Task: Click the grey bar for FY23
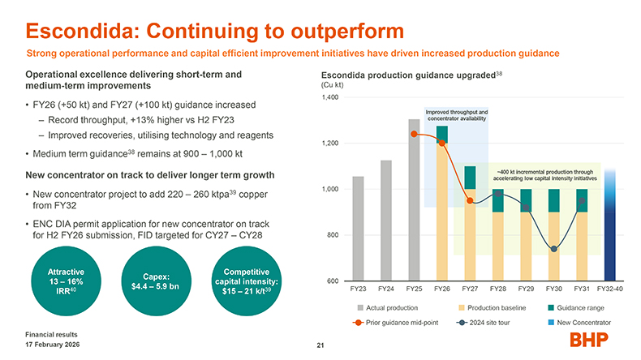[x=358, y=229]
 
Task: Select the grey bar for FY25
[x=414, y=200]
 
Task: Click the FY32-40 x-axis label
[x=610, y=289]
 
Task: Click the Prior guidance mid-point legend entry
[x=395, y=324]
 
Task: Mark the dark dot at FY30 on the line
[x=554, y=249]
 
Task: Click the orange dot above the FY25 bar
[x=414, y=134]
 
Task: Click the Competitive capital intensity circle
[x=251, y=280]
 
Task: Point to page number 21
[x=320, y=347]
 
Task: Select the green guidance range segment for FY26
[x=442, y=134]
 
